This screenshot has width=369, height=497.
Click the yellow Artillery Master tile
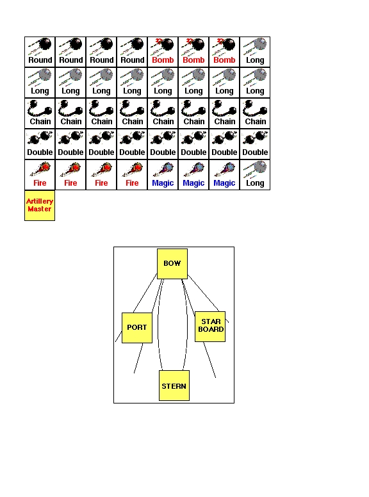[x=40, y=206]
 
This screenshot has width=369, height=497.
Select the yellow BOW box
[x=172, y=264]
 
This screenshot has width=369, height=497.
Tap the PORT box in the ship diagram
[x=137, y=328]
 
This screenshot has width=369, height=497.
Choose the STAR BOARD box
[x=210, y=327]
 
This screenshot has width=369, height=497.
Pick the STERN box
[x=174, y=386]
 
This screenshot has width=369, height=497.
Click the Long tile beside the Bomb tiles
[x=255, y=52]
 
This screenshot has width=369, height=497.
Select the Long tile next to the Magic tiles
[x=255, y=175]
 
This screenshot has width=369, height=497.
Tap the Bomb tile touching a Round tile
[x=163, y=52]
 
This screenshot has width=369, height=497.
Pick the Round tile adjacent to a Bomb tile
[x=132, y=52]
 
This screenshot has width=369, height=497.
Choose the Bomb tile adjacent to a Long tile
[x=224, y=52]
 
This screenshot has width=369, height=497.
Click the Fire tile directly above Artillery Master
[x=40, y=175]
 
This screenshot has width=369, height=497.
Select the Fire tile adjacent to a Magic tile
[x=132, y=175]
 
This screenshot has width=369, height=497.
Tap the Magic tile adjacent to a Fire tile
[x=163, y=175]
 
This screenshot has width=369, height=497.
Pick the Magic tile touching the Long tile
[x=224, y=175]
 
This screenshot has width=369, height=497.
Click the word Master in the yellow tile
[x=39, y=209]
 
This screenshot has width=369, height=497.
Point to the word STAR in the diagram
[x=211, y=322]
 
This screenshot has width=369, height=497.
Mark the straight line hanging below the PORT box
[x=138, y=358]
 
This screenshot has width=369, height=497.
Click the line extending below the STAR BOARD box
[x=209, y=360]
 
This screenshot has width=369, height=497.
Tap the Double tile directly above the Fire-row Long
[x=255, y=144]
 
